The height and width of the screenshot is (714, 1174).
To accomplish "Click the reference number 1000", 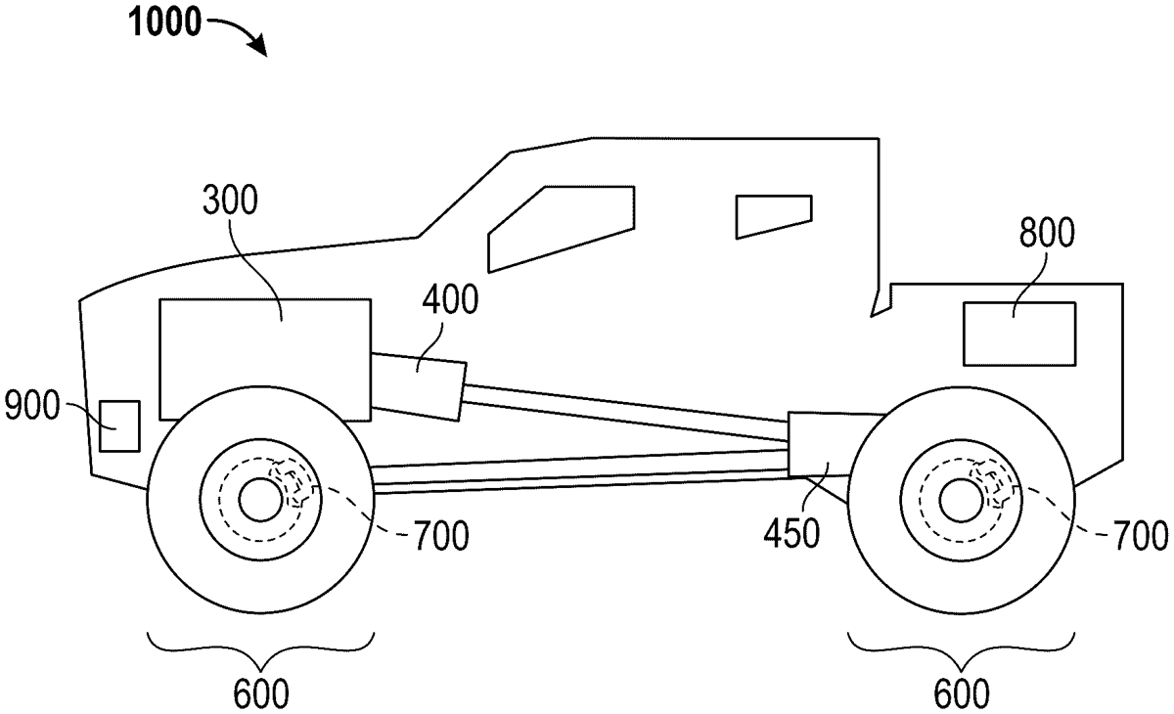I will coord(163,22).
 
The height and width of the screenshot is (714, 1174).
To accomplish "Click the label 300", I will coord(232,201).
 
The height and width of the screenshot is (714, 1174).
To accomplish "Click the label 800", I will coord(1046,235).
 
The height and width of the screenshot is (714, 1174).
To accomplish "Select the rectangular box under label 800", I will coord(1019,335).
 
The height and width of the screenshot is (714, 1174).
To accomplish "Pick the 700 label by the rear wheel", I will coord(1137,534).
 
